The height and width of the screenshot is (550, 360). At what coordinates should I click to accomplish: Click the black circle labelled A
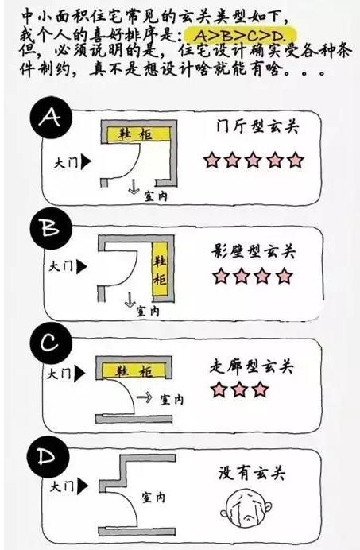(x=51, y=117)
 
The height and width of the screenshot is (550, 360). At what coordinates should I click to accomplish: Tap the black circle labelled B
(x=51, y=228)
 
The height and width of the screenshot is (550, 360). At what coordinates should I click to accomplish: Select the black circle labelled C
(x=51, y=343)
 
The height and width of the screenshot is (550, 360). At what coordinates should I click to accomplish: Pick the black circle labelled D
(x=48, y=456)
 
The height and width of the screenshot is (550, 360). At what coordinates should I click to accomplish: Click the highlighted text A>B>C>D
(x=240, y=36)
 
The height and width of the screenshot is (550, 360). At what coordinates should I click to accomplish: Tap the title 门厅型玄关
(x=257, y=126)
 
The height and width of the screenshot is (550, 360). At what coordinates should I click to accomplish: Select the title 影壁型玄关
(x=254, y=251)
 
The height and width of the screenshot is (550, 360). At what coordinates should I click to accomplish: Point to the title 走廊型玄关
(x=251, y=366)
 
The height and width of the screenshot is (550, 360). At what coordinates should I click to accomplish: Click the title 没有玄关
(x=252, y=474)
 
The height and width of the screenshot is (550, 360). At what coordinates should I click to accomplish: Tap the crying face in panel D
(x=246, y=508)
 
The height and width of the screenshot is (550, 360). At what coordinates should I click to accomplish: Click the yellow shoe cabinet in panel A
(x=138, y=134)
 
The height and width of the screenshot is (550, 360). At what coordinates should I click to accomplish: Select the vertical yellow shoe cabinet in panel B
(x=160, y=270)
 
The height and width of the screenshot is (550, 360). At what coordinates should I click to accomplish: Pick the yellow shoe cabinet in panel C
(x=134, y=371)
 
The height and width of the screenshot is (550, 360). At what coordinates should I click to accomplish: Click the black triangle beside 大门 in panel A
(x=87, y=162)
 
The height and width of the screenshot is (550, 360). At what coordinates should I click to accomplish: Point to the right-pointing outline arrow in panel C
(x=144, y=397)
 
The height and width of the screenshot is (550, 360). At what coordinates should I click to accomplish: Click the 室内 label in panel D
(x=153, y=497)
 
